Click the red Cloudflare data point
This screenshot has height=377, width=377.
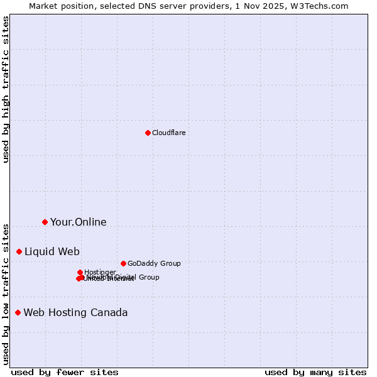[x=148, y=133]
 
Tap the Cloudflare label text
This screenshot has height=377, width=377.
[x=168, y=133]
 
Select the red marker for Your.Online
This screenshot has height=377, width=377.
[x=45, y=222]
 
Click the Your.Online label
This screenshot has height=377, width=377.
[x=78, y=222]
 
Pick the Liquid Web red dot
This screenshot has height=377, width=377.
[x=19, y=251]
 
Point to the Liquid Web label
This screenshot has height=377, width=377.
[x=52, y=252]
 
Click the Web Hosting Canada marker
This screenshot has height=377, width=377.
[x=18, y=312]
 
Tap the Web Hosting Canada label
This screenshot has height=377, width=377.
[x=75, y=313]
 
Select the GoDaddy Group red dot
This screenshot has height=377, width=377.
[x=123, y=263]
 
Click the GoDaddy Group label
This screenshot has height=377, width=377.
[x=154, y=264]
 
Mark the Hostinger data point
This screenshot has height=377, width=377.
[x=80, y=272]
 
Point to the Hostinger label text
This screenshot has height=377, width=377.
[x=100, y=272]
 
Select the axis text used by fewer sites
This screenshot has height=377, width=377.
[x=65, y=372]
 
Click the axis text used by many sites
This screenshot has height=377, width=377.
[x=315, y=372]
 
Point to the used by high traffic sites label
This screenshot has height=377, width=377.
[x=6, y=89]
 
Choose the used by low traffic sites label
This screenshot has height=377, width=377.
[x=6, y=293]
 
